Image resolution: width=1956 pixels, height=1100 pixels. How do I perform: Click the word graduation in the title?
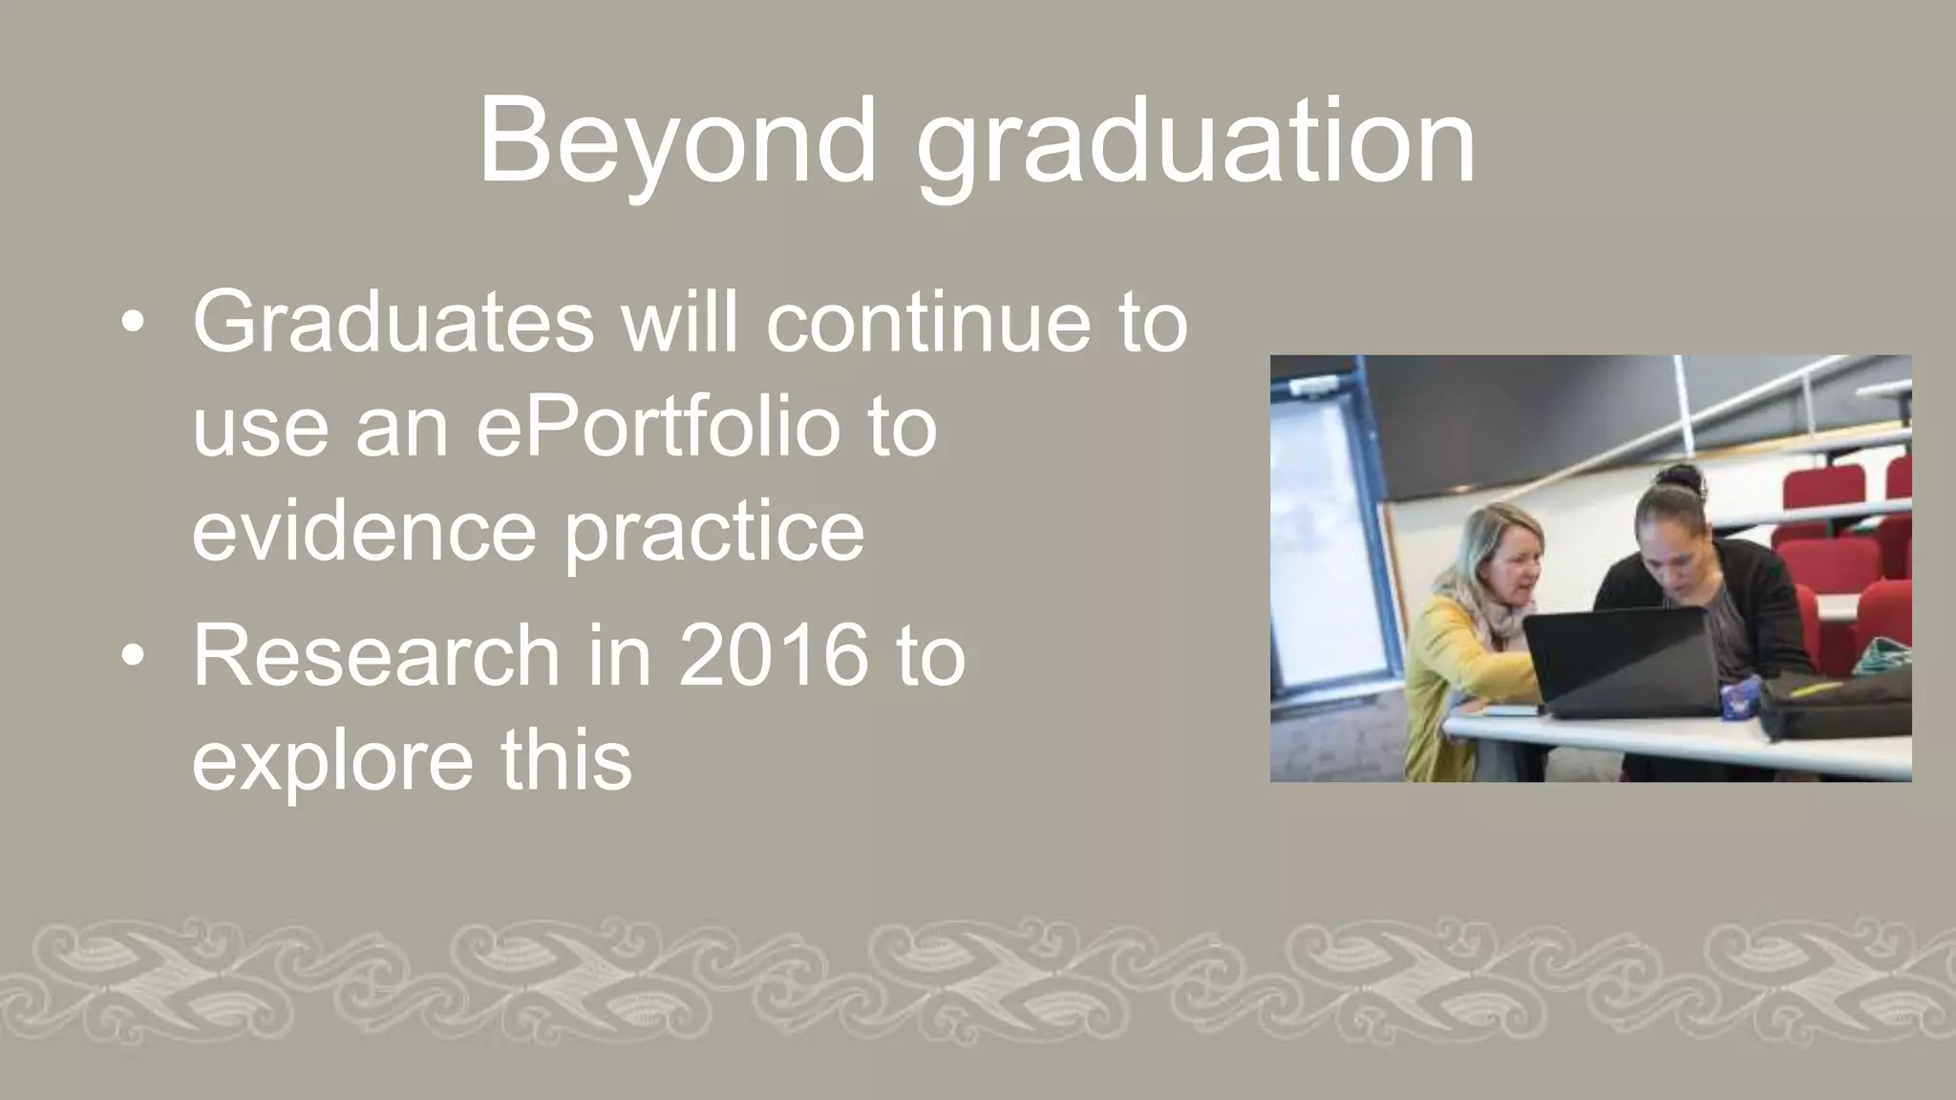[1196, 143]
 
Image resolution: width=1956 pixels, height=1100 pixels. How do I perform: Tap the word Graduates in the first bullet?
[393, 323]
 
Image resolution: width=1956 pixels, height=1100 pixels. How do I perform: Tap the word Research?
[375, 656]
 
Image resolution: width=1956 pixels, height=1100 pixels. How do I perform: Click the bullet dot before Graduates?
[134, 323]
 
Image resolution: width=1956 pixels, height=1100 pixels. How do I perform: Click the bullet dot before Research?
[134, 656]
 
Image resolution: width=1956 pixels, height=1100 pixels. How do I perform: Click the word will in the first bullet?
[679, 323]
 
